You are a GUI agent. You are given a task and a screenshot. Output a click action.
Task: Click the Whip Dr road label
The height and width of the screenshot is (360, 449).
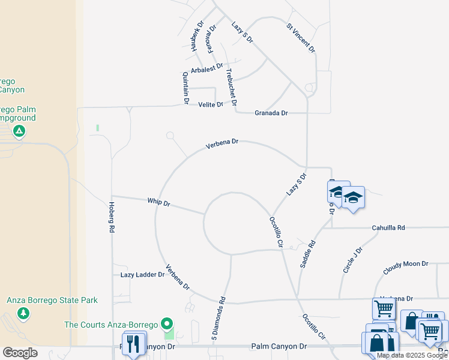point(158,203)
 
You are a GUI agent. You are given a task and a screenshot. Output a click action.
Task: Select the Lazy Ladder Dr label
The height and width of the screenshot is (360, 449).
point(142,274)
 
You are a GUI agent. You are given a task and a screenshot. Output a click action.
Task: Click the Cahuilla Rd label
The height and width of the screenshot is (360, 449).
point(388,227)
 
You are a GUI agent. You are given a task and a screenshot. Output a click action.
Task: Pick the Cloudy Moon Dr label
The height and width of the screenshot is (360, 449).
point(407,263)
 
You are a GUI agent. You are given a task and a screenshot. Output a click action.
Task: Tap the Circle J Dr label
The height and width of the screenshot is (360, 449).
point(353,260)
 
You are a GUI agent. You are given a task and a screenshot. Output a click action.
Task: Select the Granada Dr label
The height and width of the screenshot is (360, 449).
point(271,113)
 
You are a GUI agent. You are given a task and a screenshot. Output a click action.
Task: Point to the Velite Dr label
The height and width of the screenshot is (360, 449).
point(211,104)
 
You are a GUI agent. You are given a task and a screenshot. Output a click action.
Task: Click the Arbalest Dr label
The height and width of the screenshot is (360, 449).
point(206,70)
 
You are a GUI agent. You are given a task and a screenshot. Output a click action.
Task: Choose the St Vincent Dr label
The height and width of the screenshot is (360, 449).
point(300,38)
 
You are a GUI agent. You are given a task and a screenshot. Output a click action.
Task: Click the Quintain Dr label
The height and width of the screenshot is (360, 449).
point(185,86)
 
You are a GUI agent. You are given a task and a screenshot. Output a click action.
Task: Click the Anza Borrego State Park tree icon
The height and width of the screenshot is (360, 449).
point(23,313)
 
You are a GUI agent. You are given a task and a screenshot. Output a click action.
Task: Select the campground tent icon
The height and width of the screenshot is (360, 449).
point(19,130)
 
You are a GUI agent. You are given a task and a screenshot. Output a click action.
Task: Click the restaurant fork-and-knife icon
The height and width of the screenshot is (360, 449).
point(133,343)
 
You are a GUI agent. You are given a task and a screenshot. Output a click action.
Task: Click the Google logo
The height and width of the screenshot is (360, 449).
point(20,353)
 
